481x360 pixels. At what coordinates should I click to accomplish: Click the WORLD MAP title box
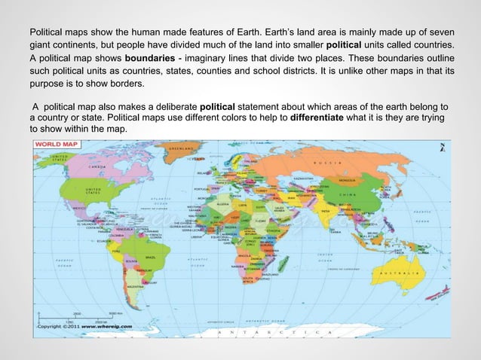pos(53,142)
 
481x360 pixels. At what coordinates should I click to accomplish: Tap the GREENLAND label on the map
pos(179,149)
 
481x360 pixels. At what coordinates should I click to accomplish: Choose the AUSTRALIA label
pos(406,273)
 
